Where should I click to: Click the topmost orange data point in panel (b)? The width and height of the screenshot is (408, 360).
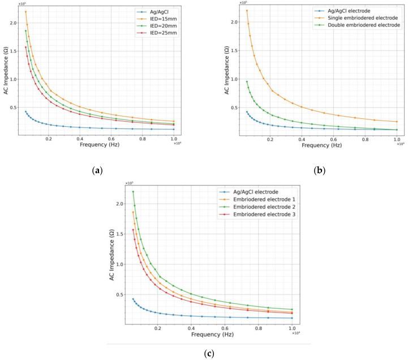[x=247, y=11]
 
